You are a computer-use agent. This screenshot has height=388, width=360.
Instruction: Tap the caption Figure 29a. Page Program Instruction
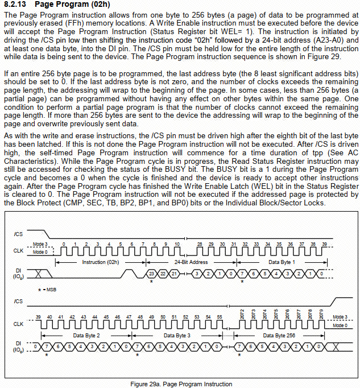coord(181,384)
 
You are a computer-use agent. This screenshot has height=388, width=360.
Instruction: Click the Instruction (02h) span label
coord(100,262)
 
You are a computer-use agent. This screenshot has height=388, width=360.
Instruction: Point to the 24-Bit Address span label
coord(191,262)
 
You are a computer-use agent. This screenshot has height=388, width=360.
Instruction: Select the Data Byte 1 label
coord(282,262)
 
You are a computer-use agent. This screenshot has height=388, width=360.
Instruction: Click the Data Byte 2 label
coord(86,336)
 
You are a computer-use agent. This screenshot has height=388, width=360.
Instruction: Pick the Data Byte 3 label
coord(177,336)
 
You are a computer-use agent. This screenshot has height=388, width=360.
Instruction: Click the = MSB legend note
coord(48,289)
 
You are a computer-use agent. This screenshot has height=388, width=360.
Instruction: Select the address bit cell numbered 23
coord(152,274)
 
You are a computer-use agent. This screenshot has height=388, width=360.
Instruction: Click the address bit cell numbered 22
coord(163,274)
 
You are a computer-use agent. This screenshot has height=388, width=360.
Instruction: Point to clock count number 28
coord(199,243)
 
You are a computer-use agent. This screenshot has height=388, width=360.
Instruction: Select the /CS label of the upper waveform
coord(18,233)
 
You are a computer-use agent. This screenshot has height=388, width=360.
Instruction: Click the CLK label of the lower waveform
coord(19,324)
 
